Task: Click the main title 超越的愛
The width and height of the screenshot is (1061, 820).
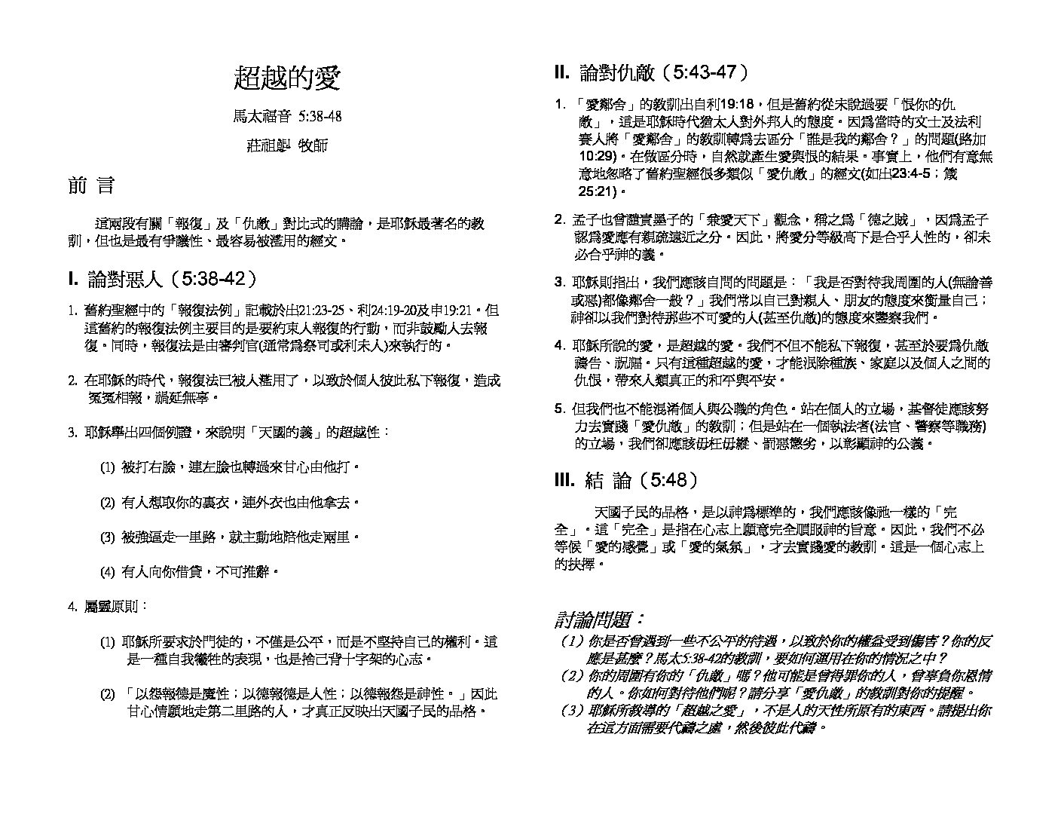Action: (287, 78)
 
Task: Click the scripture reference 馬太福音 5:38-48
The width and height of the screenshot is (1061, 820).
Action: (287, 116)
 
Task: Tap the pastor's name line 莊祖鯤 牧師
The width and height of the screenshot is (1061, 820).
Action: (287, 145)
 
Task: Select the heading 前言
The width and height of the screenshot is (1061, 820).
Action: (91, 186)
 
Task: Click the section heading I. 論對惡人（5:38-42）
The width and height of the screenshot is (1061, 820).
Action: (163, 279)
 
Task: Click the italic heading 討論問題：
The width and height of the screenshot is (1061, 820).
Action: (600, 620)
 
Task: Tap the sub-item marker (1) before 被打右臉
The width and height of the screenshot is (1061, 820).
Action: (107, 467)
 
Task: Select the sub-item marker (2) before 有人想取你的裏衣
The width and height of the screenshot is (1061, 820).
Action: (107, 502)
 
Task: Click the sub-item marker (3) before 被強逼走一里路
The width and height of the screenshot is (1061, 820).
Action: (107, 537)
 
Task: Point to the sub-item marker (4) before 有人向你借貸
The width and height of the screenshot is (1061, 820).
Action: (107, 572)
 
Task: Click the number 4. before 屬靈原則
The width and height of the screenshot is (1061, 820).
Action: (72, 606)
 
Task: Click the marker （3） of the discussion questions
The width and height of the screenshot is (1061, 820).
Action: (572, 711)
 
